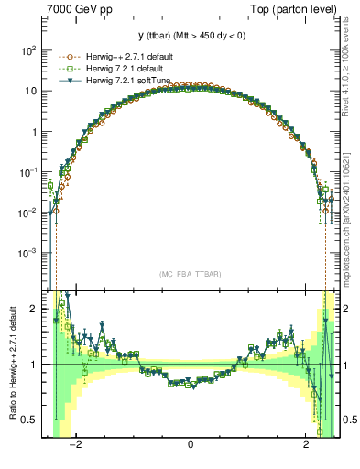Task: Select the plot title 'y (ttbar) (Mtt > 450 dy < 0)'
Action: coord(191,36)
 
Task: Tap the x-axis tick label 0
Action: coord(191,446)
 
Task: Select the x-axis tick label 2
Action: coord(306,446)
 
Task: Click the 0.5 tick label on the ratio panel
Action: coord(29,420)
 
